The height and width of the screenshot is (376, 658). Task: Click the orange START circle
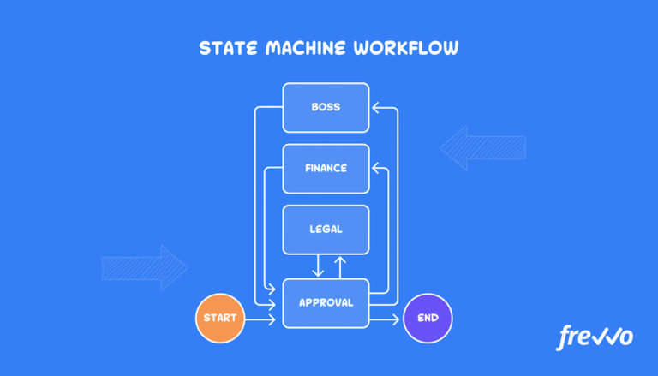(x=220, y=319)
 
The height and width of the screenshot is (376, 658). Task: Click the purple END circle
(x=427, y=319)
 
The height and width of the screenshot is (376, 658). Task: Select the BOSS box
(x=326, y=107)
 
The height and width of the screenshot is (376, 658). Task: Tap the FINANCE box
(x=326, y=168)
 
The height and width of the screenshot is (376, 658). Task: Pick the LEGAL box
(x=326, y=229)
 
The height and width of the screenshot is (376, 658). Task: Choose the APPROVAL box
(x=326, y=302)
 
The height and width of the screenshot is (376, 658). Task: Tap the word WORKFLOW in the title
(x=407, y=48)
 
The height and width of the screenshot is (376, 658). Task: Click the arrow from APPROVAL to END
(x=386, y=319)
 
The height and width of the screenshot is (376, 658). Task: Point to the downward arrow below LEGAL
(x=318, y=266)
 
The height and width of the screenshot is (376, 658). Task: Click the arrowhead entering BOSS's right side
(x=376, y=108)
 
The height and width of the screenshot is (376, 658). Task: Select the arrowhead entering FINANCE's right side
(x=376, y=168)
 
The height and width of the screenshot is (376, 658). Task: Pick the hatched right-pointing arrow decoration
(x=144, y=268)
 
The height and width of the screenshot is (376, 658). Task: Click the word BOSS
(x=326, y=107)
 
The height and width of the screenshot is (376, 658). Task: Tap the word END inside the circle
(x=427, y=319)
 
